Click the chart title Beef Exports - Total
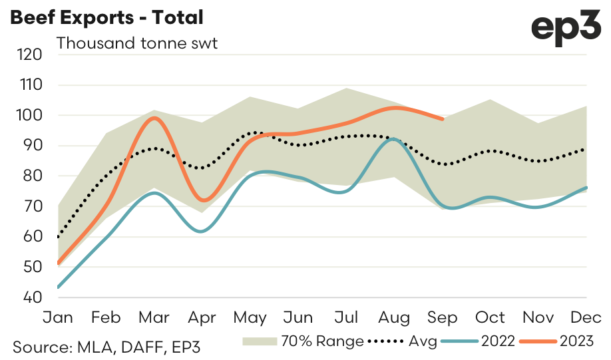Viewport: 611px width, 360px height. coord(106,17)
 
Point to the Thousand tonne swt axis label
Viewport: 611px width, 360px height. coord(137,44)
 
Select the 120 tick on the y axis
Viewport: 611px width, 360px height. coord(30,55)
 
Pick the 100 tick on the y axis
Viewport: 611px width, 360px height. coord(30,116)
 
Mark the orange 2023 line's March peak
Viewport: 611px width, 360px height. coord(154,118)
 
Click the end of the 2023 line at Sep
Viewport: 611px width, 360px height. coord(443,119)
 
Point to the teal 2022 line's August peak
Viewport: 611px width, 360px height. coord(394,138)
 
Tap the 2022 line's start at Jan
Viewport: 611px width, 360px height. coord(59,287)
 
